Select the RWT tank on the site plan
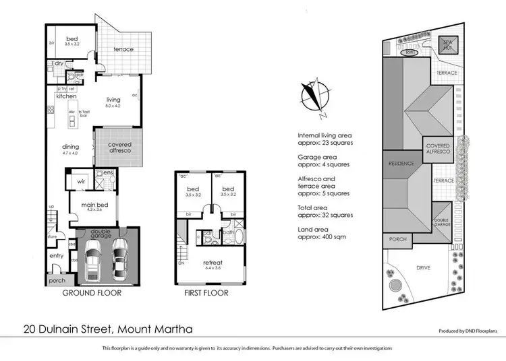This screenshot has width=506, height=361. [x=410, y=53]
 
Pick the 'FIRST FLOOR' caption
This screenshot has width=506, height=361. [x=206, y=294]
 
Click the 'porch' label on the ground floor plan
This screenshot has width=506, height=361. [x=56, y=280]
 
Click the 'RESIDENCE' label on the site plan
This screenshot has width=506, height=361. [x=401, y=164]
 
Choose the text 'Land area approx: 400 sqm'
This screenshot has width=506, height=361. [x=326, y=233]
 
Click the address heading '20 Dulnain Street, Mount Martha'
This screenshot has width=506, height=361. [x=107, y=329]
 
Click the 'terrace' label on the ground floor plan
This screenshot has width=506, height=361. [x=123, y=49]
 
